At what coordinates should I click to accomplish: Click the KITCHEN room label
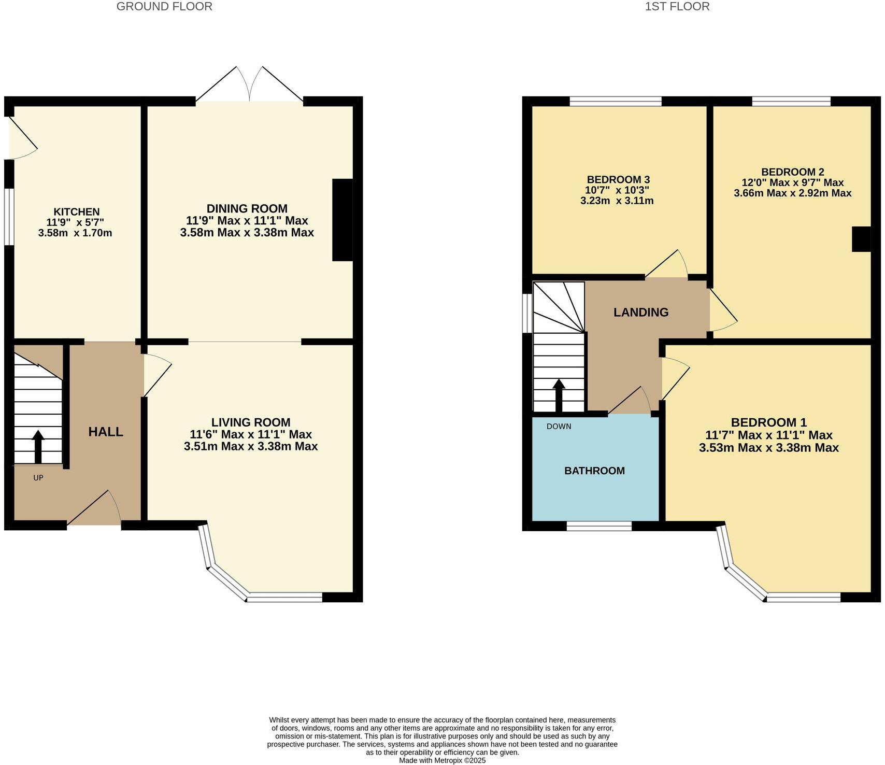coord(76,211)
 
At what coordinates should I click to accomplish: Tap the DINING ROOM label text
coord(247,208)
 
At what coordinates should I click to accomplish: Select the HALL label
coord(106,432)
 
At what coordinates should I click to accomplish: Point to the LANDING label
coord(641,312)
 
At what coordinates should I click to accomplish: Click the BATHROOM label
coord(594,471)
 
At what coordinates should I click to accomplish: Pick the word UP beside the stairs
coord(38,478)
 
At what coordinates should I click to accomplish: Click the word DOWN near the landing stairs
coord(559,427)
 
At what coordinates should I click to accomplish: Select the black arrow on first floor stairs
coord(559,395)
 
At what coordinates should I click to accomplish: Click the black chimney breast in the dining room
coord(342,220)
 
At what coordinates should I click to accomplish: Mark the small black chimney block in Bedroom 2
coord(861,239)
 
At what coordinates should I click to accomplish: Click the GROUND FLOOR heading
coord(164,7)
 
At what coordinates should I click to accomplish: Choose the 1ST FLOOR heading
coord(677,7)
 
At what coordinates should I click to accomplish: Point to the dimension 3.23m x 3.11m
coord(617,201)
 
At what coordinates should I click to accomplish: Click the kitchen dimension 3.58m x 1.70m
coord(75,233)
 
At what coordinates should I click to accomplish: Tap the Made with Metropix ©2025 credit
coord(442,760)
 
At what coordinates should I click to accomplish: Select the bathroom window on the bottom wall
coord(599,526)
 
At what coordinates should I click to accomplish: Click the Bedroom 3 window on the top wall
coord(616,101)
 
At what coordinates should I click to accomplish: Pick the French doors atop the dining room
coord(250,86)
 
